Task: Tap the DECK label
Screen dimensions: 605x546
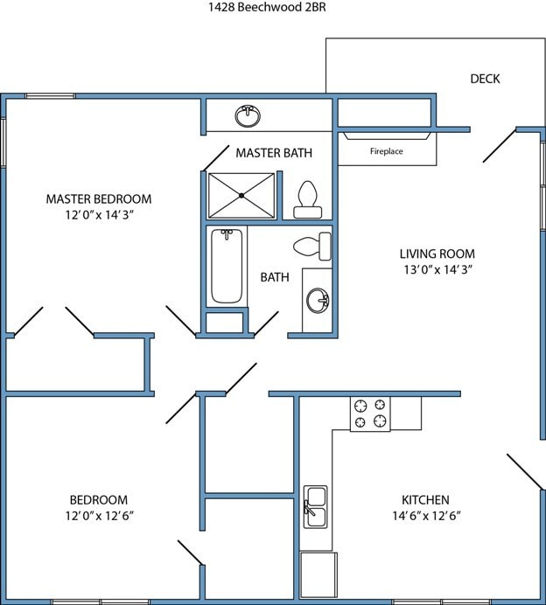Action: coord(485,79)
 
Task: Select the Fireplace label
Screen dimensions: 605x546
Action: coord(386,151)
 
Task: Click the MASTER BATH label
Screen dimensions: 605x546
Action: coord(274,153)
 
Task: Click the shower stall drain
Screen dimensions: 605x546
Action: coord(241,195)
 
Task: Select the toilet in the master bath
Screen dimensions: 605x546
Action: coord(306,199)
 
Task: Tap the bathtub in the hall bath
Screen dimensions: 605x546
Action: coord(227,265)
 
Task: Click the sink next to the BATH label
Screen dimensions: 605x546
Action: coord(317,301)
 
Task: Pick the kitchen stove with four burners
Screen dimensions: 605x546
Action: coord(370,414)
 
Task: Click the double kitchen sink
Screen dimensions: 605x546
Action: coord(315,506)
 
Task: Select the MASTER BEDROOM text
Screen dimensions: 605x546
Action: coord(99,198)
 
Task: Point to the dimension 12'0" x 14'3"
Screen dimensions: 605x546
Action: coord(99,214)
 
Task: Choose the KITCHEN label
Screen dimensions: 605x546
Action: coord(425,500)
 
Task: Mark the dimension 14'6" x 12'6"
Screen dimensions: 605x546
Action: coord(425,516)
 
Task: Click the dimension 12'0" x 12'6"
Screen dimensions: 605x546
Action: coord(99,516)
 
